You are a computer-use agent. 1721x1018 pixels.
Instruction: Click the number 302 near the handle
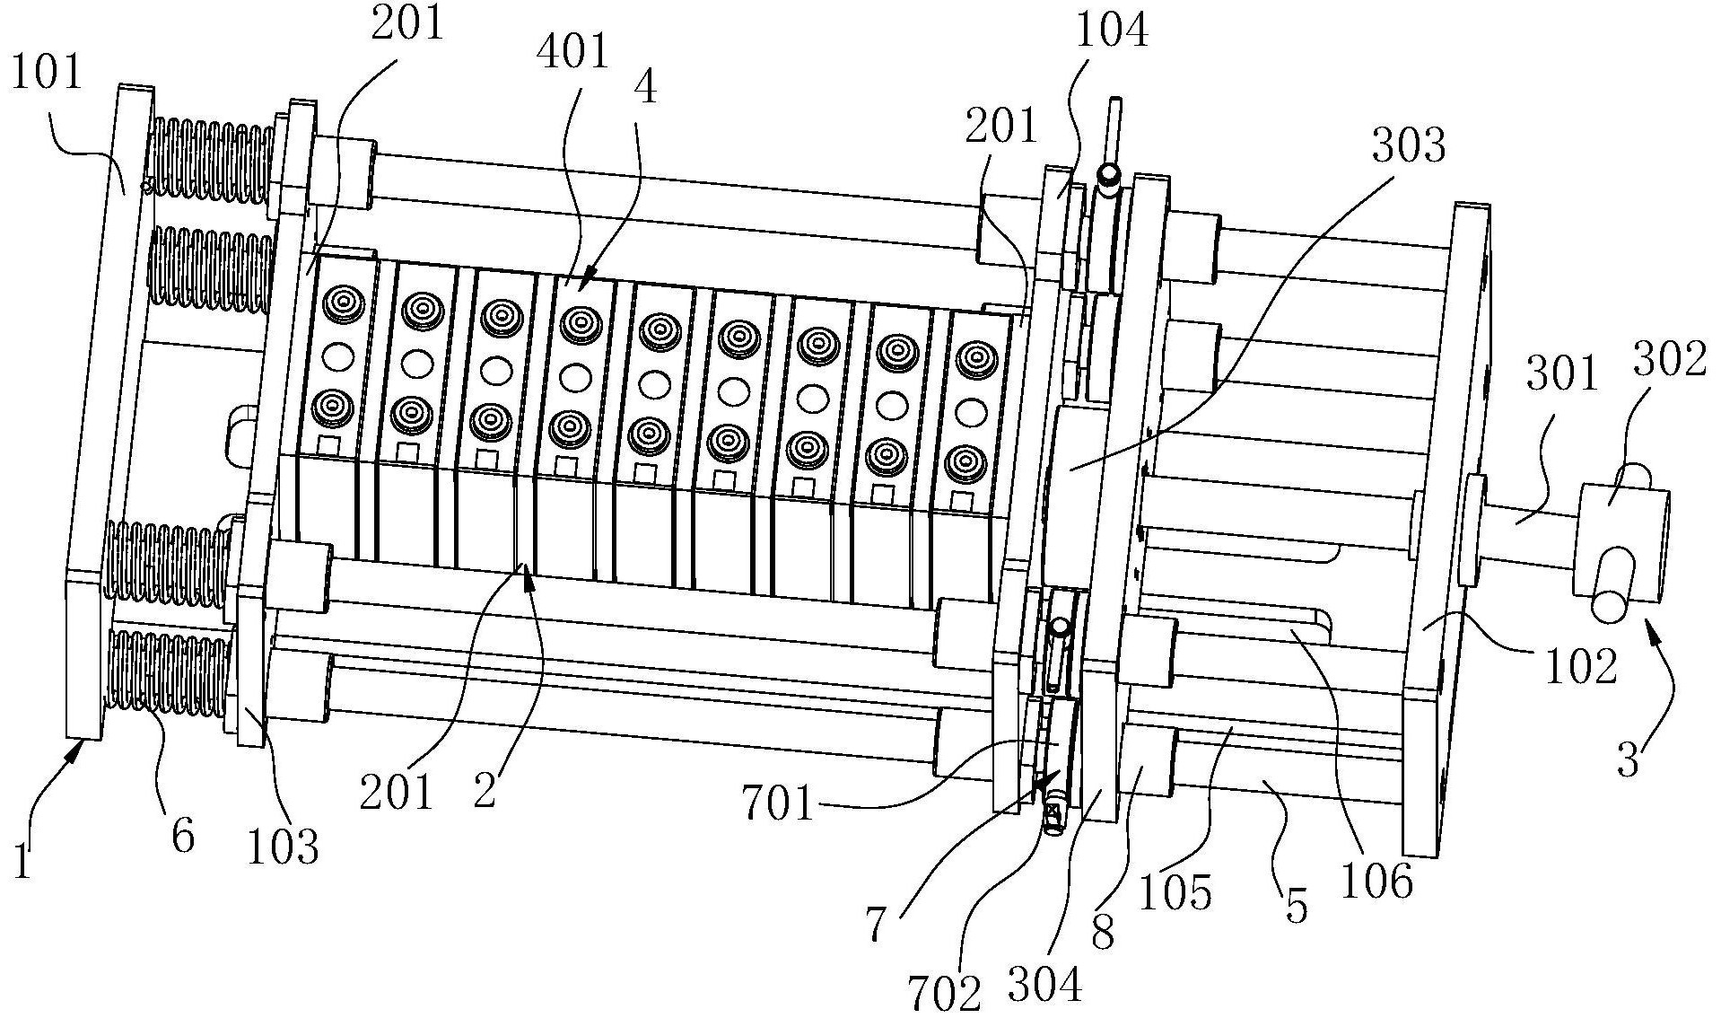point(1670,360)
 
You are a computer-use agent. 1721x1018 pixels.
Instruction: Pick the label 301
point(1562,374)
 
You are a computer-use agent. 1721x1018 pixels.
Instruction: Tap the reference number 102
point(1580,665)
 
